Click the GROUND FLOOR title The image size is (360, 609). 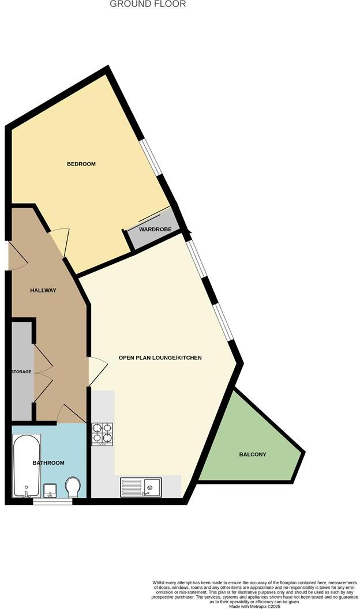pyautogui.click(x=148, y=4)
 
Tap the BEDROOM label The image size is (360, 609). pyautogui.click(x=81, y=164)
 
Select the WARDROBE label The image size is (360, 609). pyautogui.click(x=152, y=234)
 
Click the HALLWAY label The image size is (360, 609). pyautogui.click(x=43, y=290)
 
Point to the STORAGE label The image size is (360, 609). pyautogui.click(x=21, y=372)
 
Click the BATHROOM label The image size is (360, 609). pyautogui.click(x=48, y=463)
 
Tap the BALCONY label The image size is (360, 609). pyautogui.click(x=253, y=454)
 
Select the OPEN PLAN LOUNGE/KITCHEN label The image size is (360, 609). pyautogui.click(x=160, y=358)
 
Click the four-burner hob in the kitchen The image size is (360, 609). pyautogui.click(x=102, y=434)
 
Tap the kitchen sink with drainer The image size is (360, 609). pyautogui.click(x=141, y=487)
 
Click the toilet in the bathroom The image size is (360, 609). pyautogui.click(x=73, y=487)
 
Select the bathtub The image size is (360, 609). pyautogui.click(x=27, y=466)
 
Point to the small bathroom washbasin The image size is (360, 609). pyautogui.click(x=50, y=491)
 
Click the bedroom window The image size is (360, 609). pyautogui.click(x=153, y=156)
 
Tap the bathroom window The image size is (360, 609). pyautogui.click(x=52, y=502)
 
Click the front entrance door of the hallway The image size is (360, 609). pyautogui.click(x=16, y=255)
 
